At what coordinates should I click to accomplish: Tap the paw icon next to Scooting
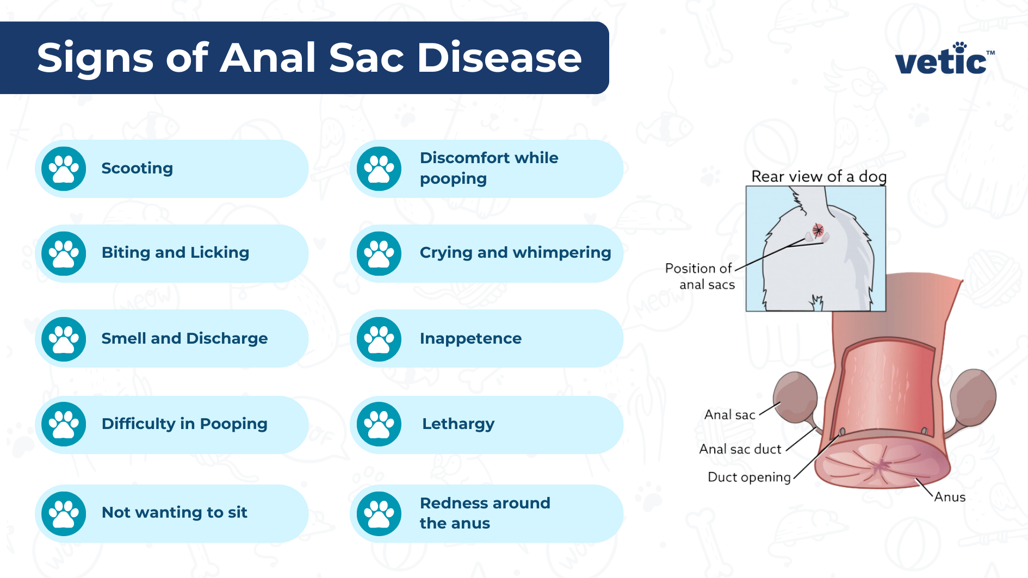click(x=64, y=169)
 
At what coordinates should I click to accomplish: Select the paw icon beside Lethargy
click(x=379, y=424)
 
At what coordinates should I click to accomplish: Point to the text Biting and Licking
click(x=175, y=253)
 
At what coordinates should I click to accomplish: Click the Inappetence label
click(x=470, y=339)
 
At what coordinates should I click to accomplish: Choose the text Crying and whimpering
click(x=515, y=253)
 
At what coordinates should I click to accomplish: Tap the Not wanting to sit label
click(x=174, y=512)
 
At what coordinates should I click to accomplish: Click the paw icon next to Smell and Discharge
click(x=64, y=339)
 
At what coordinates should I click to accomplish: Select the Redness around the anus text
click(x=484, y=513)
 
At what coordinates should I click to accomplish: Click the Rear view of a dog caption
click(x=819, y=177)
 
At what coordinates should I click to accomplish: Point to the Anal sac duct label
click(x=740, y=449)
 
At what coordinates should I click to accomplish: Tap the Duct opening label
click(x=749, y=477)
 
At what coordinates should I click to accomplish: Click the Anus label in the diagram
click(x=950, y=497)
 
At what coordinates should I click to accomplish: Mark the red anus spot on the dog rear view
click(x=818, y=230)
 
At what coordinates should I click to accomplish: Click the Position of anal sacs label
click(x=700, y=276)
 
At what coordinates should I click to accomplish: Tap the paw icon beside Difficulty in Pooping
click(x=64, y=424)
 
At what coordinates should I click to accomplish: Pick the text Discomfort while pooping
click(x=488, y=168)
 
